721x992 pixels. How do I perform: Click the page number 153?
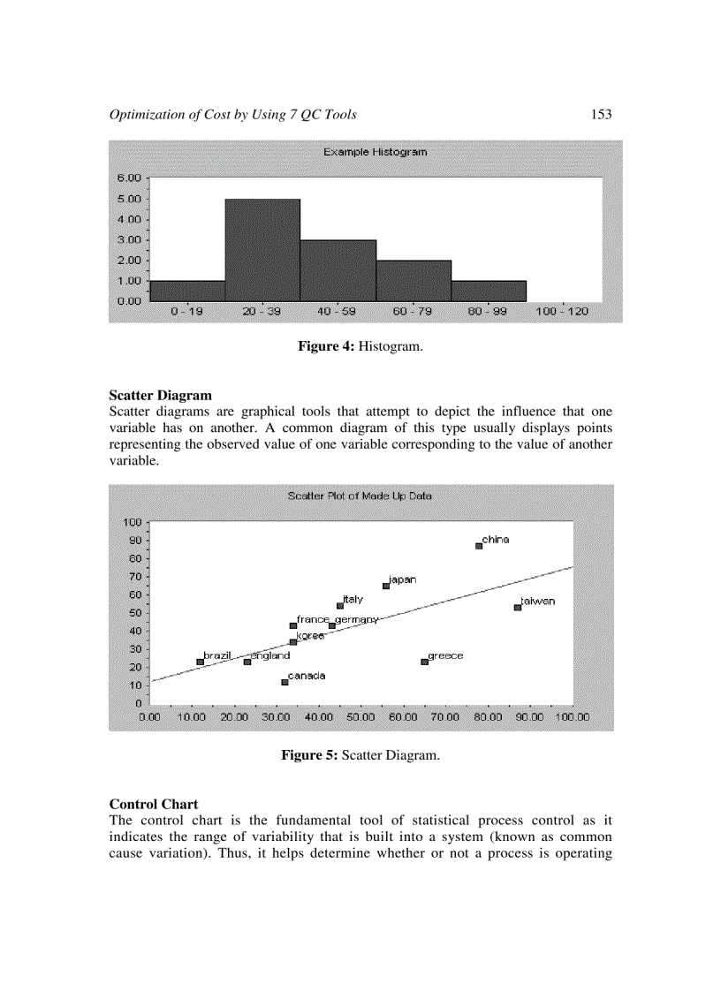tap(601, 115)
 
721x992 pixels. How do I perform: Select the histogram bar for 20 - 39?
tap(262, 250)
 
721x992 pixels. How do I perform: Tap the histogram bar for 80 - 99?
tap(489, 292)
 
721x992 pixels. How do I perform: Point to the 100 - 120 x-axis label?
tap(562, 313)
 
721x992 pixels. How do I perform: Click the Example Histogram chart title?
tap(375, 152)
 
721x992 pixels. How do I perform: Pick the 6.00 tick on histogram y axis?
tap(129, 178)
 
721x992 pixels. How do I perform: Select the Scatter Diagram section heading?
tap(160, 396)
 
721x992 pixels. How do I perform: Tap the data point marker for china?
tap(479, 546)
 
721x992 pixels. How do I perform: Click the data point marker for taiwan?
tap(518, 607)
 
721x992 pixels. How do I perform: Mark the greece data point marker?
tap(424, 662)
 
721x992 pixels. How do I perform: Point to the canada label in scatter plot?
tap(307, 676)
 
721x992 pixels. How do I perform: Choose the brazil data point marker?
tap(200, 662)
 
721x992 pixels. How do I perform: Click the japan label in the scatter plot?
tap(403, 580)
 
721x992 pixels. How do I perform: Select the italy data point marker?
tap(339, 606)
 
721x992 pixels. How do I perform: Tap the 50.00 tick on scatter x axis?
tap(360, 717)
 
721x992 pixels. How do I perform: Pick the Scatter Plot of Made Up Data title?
tap(360, 496)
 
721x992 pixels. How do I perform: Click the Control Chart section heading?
tap(153, 805)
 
